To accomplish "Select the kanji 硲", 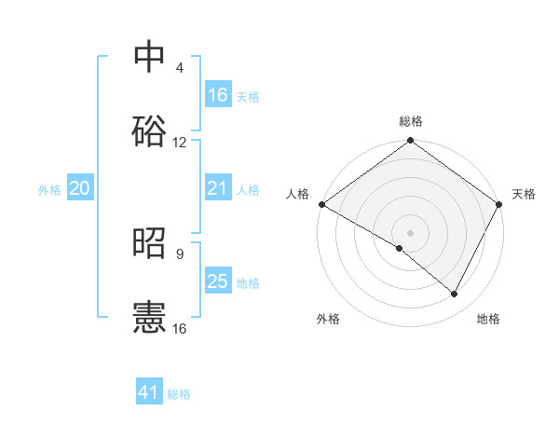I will click(x=149, y=130).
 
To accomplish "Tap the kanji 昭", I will click(x=149, y=242).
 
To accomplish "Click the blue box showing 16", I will click(x=218, y=95).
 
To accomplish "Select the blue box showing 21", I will click(x=218, y=189).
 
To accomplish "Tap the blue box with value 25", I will click(x=218, y=281).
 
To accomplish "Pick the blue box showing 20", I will click(x=79, y=189).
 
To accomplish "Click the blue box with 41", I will click(x=149, y=392).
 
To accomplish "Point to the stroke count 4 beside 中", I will click(x=180, y=68).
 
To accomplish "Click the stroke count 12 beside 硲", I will click(x=180, y=143).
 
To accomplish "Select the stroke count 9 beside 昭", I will click(x=180, y=253).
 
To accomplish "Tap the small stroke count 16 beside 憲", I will click(x=180, y=328).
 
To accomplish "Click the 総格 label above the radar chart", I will click(x=411, y=121).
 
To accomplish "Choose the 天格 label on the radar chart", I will click(x=525, y=194).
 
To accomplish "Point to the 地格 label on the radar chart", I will click(x=488, y=319).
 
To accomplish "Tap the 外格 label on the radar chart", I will click(x=328, y=319).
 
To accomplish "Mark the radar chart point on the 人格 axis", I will click(x=321, y=204).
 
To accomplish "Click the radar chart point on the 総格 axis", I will click(x=411, y=141).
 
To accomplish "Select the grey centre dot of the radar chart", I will click(x=411, y=232).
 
